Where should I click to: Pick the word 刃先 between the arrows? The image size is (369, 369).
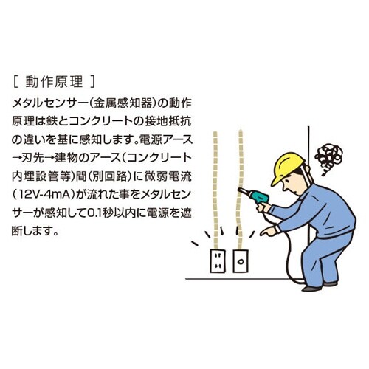coord(38,158)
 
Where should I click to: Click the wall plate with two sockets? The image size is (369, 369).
coord(218,261)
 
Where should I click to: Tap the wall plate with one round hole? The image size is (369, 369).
coord(241,261)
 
